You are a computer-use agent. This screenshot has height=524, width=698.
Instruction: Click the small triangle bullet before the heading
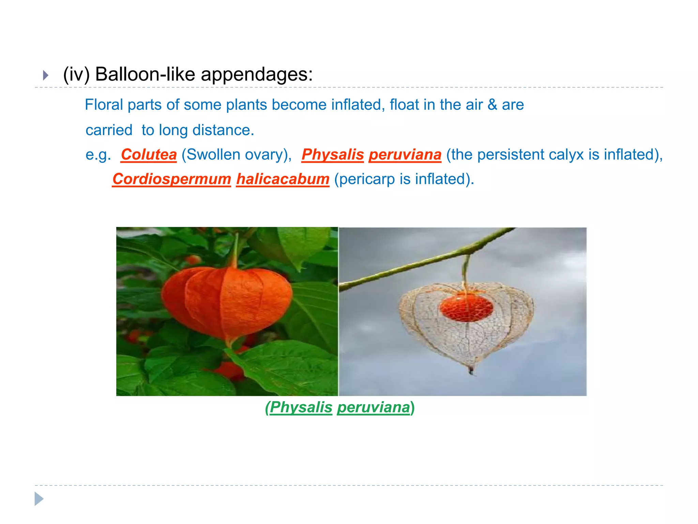click(46, 75)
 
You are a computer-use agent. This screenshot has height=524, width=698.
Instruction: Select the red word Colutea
click(149, 155)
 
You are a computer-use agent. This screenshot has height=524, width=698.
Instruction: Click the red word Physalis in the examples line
click(333, 155)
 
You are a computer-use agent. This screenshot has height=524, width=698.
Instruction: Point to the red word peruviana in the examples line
click(405, 155)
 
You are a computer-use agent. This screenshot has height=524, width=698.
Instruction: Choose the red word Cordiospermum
click(172, 179)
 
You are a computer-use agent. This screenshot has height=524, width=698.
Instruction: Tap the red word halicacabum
click(283, 179)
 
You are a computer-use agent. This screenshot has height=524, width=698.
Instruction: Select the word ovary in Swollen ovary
click(264, 155)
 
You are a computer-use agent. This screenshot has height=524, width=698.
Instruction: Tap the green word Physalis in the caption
click(301, 407)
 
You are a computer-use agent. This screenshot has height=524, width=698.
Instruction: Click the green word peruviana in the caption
click(374, 407)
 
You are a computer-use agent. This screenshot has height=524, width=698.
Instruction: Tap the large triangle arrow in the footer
click(39, 499)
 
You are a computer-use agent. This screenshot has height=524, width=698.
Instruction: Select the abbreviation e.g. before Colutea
click(98, 155)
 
